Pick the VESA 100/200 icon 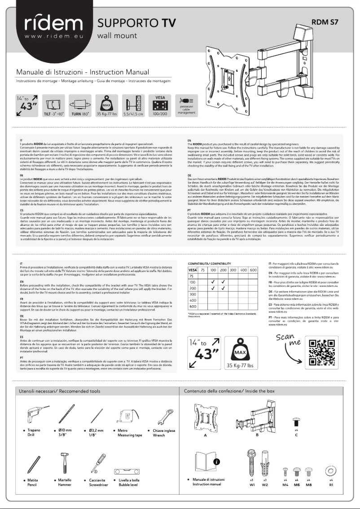(160, 105)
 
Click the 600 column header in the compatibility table (253, 270)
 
